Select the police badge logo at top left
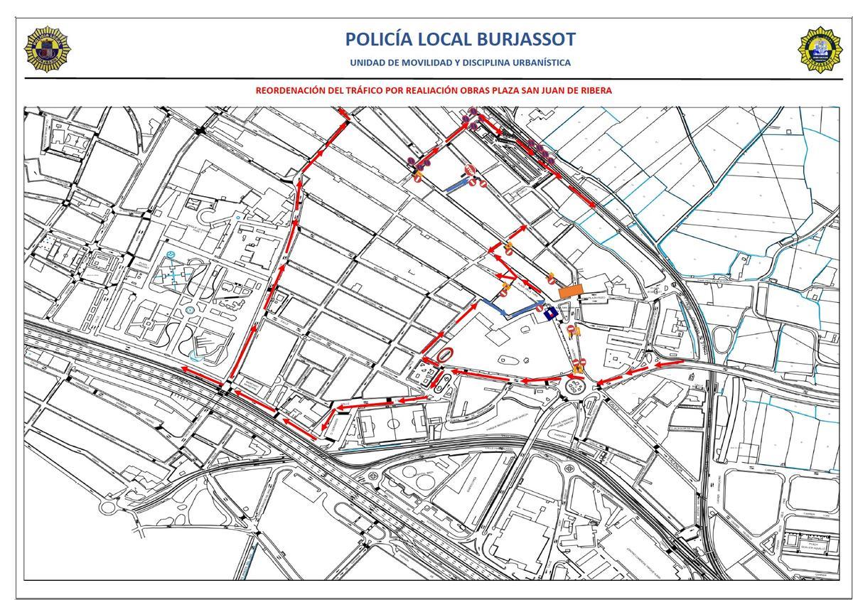[48, 49]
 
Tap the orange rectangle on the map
[570, 291]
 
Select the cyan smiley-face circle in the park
[171, 254]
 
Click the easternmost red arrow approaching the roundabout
[668, 364]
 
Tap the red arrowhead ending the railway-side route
[593, 204]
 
